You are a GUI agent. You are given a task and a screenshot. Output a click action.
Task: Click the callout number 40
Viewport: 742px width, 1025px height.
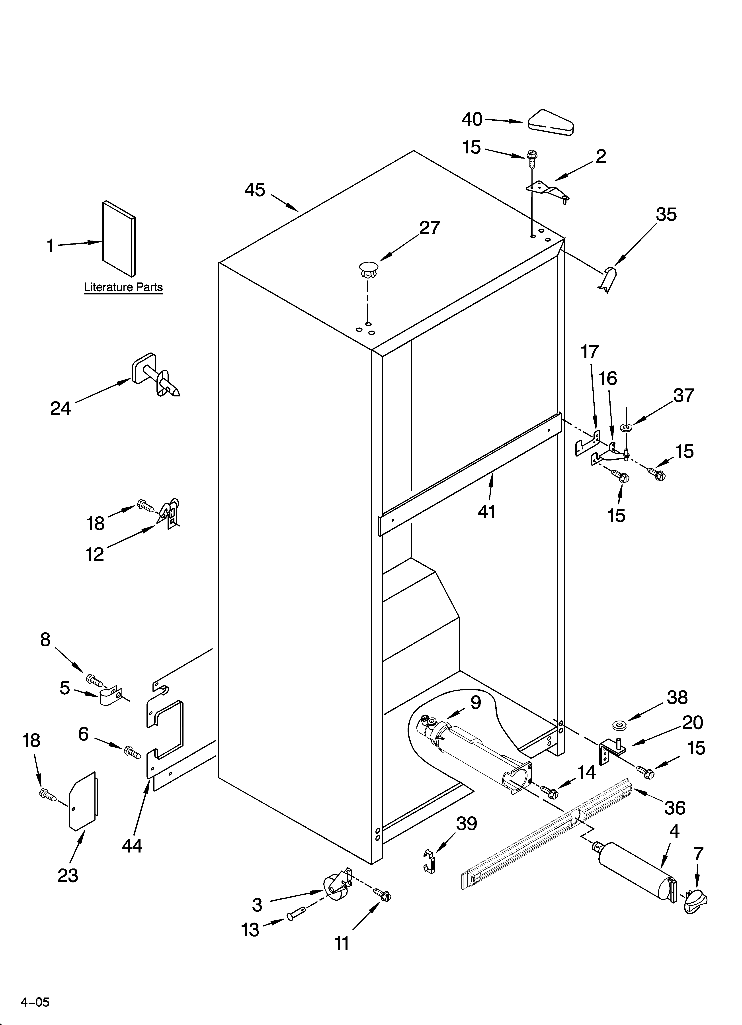472,119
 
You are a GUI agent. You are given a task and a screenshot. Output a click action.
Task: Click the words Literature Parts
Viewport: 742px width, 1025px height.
123,287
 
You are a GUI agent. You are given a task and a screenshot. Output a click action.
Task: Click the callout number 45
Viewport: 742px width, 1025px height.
255,190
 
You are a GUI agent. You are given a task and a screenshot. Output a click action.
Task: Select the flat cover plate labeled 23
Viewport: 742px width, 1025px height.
83,801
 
